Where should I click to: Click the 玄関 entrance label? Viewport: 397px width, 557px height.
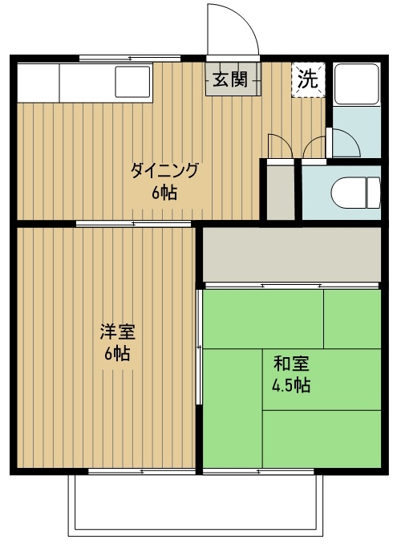click(x=232, y=79)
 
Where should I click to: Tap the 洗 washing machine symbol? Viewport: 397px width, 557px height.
click(x=308, y=79)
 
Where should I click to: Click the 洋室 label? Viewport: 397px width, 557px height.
click(x=117, y=331)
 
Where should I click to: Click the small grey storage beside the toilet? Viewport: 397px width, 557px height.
click(x=280, y=191)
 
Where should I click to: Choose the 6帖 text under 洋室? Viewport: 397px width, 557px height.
click(x=117, y=353)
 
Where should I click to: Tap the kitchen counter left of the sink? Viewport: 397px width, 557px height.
click(x=37, y=82)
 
